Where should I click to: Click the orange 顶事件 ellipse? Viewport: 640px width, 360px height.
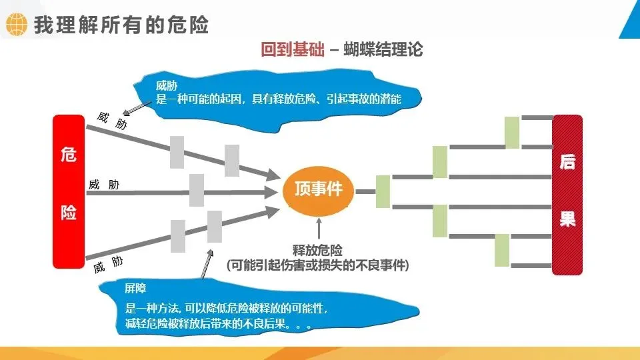coord(318,189)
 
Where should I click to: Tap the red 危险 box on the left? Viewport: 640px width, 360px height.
coord(69,191)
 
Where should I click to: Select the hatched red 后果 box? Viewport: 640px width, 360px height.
coord(567,195)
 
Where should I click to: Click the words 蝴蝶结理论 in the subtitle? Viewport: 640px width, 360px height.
coord(383,50)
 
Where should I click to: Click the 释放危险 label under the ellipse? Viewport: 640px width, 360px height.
coord(318,251)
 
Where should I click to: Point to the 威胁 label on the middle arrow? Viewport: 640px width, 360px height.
coord(104,185)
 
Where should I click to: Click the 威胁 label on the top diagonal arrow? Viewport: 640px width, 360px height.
coord(111,121)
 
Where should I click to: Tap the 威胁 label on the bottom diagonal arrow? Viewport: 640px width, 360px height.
coord(108,265)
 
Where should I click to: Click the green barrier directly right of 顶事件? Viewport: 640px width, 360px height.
coord(383,192)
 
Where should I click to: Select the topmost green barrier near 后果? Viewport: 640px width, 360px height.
coord(512,132)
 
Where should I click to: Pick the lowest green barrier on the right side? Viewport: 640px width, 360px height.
coord(502,250)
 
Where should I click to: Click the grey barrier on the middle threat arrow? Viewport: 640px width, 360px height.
coord(197,190)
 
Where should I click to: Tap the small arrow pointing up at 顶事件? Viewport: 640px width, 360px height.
coord(319,229)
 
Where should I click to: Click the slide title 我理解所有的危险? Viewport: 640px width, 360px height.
coord(121,25)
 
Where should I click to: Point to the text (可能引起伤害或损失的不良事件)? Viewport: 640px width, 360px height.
coord(317,265)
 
